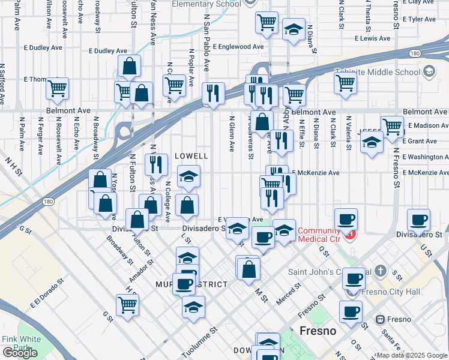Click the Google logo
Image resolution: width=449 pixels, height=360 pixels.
[20, 353]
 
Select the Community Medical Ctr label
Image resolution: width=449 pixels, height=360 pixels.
[319, 235]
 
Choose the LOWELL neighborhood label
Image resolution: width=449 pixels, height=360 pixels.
[191, 156]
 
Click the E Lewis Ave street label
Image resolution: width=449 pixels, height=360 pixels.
[372, 38]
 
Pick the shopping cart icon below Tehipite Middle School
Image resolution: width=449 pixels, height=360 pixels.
[345, 83]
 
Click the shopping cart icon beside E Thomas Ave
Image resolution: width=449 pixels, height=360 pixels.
[57, 88]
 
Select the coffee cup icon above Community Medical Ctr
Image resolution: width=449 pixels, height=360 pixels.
[346, 219]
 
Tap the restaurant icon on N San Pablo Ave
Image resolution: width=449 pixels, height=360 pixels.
[213, 92]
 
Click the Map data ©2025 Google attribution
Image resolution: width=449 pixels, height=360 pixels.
[412, 355]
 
